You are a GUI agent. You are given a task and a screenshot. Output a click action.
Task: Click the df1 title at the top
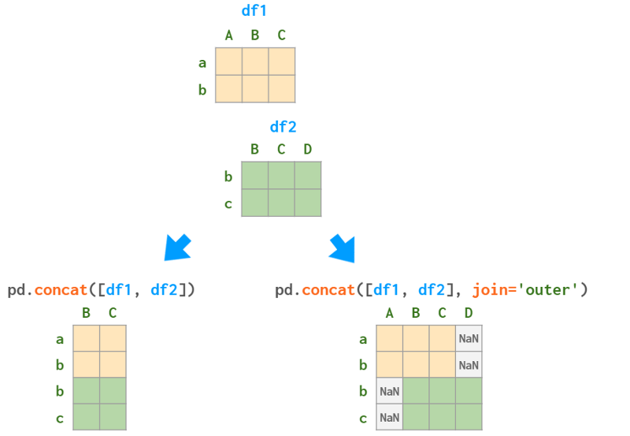click(x=254, y=12)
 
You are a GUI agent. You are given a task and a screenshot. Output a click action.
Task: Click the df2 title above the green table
click(x=283, y=127)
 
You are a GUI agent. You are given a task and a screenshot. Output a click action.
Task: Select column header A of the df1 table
click(x=228, y=35)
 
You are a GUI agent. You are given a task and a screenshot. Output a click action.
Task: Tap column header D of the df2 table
click(x=307, y=149)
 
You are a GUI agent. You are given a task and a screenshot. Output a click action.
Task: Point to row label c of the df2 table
click(x=228, y=203)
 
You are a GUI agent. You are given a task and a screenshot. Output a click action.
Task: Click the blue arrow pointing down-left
click(x=177, y=247)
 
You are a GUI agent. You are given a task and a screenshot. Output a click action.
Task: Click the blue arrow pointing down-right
click(x=342, y=248)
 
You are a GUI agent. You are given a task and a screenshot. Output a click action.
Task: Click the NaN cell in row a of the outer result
click(x=469, y=339)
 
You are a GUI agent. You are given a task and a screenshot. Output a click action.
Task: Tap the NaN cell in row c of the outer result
click(x=390, y=417)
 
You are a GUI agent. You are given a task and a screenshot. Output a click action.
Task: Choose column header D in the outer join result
click(x=469, y=313)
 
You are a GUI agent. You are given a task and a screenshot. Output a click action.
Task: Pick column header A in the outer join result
click(x=390, y=313)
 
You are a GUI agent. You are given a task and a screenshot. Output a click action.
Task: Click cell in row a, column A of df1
click(x=228, y=61)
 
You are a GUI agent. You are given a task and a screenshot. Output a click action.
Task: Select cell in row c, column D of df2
click(x=307, y=203)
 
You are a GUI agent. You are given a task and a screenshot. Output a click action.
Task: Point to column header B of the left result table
click(x=86, y=313)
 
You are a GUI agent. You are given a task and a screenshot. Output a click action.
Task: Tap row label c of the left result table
click(x=60, y=418)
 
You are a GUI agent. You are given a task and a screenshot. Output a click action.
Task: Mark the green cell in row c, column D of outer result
click(x=469, y=417)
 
